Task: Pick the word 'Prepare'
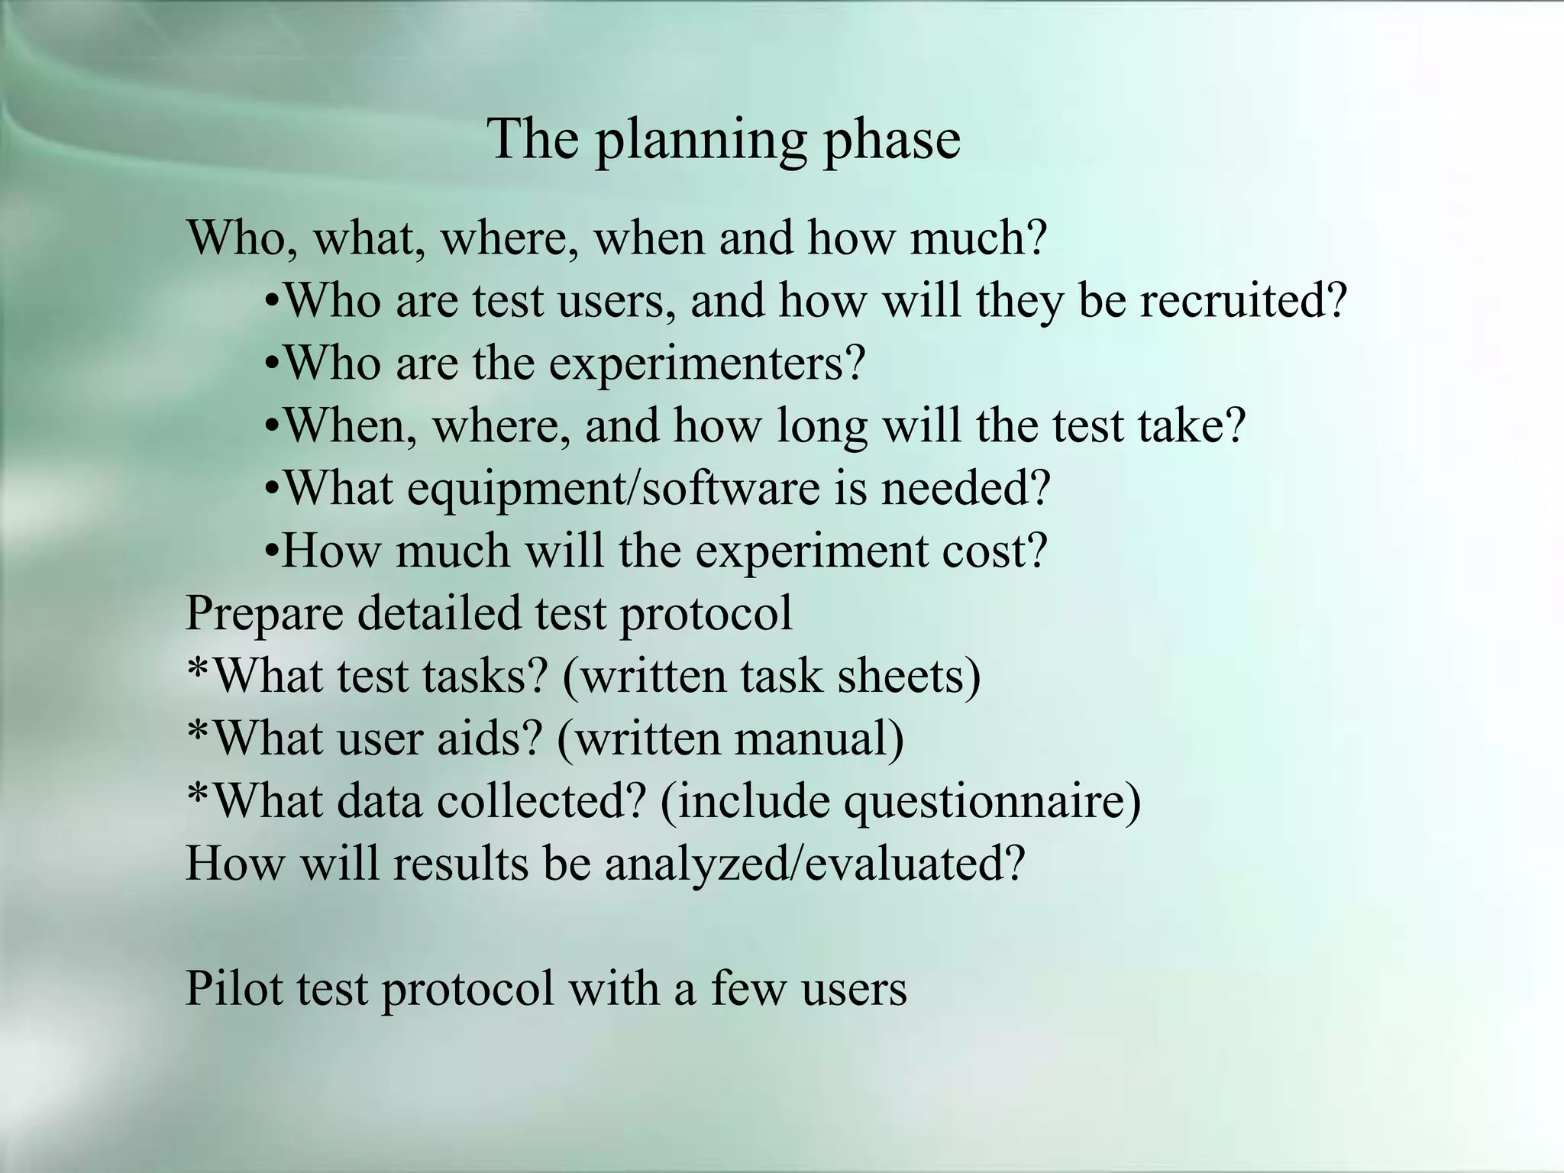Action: pyautogui.click(x=264, y=614)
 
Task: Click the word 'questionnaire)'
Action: pyautogui.click(x=992, y=802)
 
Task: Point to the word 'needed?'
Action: pyautogui.click(x=966, y=488)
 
